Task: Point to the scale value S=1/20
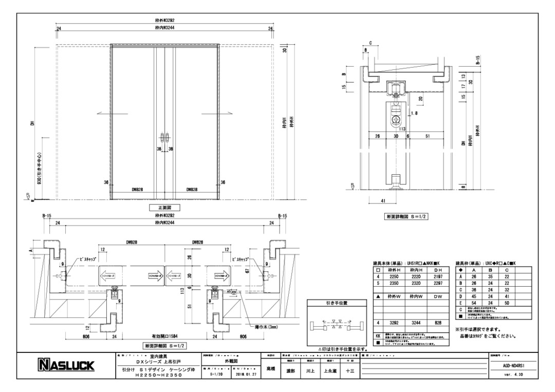pos(218,374)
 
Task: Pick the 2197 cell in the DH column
pos(437,276)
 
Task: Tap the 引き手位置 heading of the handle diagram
pos(337,303)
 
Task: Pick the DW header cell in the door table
pos(437,296)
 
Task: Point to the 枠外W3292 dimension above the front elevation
pos(165,20)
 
